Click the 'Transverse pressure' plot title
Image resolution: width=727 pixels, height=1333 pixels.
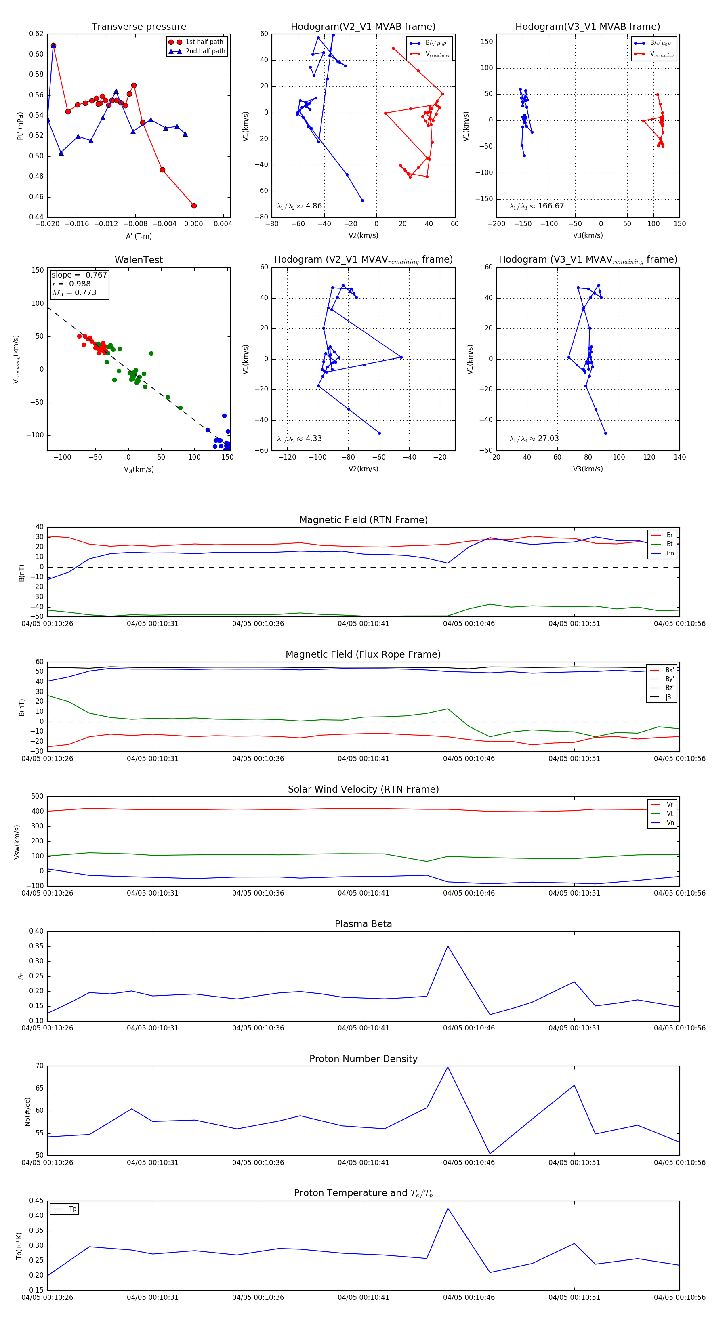139,27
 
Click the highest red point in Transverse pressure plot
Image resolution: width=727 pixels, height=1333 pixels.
53,46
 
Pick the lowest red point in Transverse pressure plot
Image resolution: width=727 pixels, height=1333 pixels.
194,206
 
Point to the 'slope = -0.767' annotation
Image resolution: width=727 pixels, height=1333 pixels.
79,275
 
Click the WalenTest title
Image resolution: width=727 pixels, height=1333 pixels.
139,260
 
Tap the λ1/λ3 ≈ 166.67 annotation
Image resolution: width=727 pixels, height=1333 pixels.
537,206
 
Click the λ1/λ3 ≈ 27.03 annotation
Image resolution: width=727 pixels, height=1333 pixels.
534,439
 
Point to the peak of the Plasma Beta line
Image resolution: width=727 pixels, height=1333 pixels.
448,946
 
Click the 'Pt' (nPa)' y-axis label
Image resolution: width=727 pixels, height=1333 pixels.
20,126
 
